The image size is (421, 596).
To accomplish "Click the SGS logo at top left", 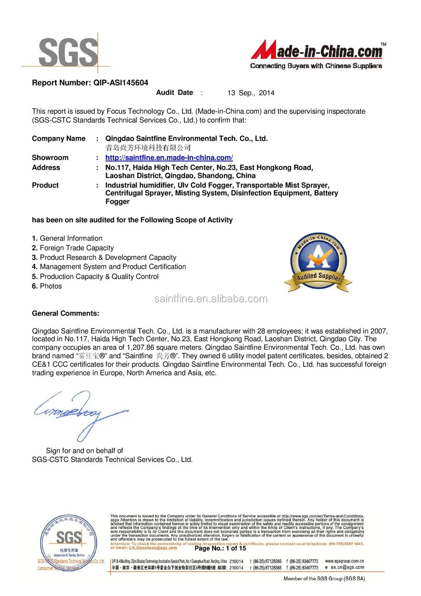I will click(x=67, y=52).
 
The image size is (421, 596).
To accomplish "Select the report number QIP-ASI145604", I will click(x=120, y=83).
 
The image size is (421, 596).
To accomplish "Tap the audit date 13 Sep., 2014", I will click(x=251, y=93).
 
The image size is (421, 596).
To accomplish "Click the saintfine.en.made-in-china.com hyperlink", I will click(x=169, y=158).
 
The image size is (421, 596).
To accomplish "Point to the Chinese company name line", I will click(x=148, y=148).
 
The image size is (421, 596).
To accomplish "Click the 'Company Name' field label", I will click(x=59, y=139).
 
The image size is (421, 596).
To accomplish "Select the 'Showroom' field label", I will click(x=50, y=158).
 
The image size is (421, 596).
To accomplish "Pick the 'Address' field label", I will click(x=46, y=168).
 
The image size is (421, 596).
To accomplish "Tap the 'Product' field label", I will click(x=45, y=185).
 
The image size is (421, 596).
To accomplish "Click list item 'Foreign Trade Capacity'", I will click(x=77, y=248).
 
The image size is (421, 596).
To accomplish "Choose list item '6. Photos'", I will click(x=47, y=286).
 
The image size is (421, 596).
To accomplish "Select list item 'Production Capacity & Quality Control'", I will click(x=99, y=277).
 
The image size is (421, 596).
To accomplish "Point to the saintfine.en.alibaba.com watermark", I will click(x=210, y=299).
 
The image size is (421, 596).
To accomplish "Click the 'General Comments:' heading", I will click(x=66, y=313).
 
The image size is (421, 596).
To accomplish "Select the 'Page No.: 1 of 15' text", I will click(x=220, y=548).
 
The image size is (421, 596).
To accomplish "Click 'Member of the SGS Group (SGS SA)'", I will click(x=324, y=579).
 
